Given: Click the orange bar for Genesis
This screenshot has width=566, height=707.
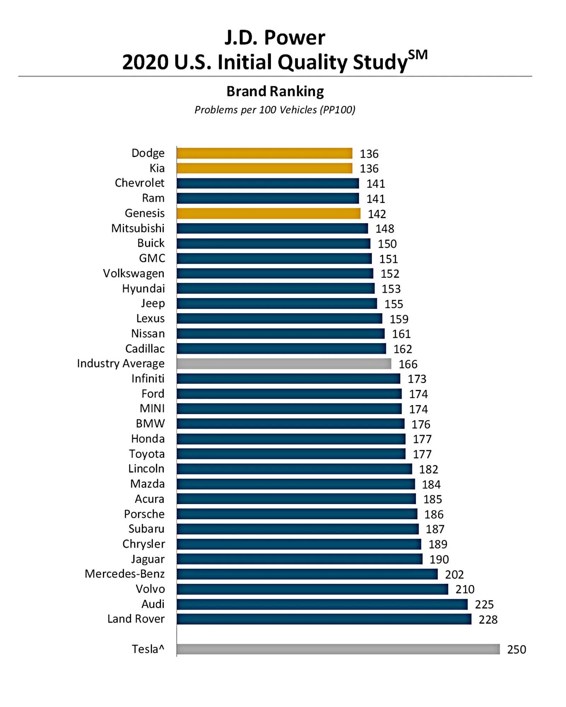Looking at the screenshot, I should tap(268, 214).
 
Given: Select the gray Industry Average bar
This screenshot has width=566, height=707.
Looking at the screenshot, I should tap(284, 364).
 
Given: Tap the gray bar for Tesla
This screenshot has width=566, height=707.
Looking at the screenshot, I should tap(338, 649).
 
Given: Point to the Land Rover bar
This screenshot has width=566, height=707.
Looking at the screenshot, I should tap(324, 619).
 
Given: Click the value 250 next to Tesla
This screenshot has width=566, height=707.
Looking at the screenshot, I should tap(516, 649).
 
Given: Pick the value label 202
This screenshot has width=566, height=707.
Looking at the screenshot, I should tap(454, 574).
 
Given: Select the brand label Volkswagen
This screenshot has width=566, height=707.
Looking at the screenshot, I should tap(134, 274).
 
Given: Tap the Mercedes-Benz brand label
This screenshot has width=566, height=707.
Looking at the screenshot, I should tap(125, 574).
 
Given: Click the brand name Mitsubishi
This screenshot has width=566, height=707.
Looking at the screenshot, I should tap(138, 228).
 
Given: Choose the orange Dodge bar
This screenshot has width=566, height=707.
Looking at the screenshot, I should tap(264, 153).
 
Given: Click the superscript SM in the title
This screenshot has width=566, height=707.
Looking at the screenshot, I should tap(418, 55).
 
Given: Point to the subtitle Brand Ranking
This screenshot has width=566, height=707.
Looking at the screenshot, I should tap(275, 91).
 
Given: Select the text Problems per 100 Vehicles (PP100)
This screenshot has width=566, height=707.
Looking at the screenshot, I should tap(275, 110).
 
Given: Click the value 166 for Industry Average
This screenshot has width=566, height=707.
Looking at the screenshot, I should tap(408, 364).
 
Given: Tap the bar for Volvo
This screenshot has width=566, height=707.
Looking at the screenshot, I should tap(312, 589).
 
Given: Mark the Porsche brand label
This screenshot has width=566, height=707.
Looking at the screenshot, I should tap(144, 514).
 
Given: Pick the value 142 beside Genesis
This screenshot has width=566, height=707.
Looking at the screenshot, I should tap(377, 214).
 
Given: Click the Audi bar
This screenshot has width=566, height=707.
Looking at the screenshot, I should tap(322, 604).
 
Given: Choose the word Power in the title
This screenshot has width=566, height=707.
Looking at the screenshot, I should tap(294, 37).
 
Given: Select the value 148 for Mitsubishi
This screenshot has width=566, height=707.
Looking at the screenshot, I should tap(385, 229).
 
